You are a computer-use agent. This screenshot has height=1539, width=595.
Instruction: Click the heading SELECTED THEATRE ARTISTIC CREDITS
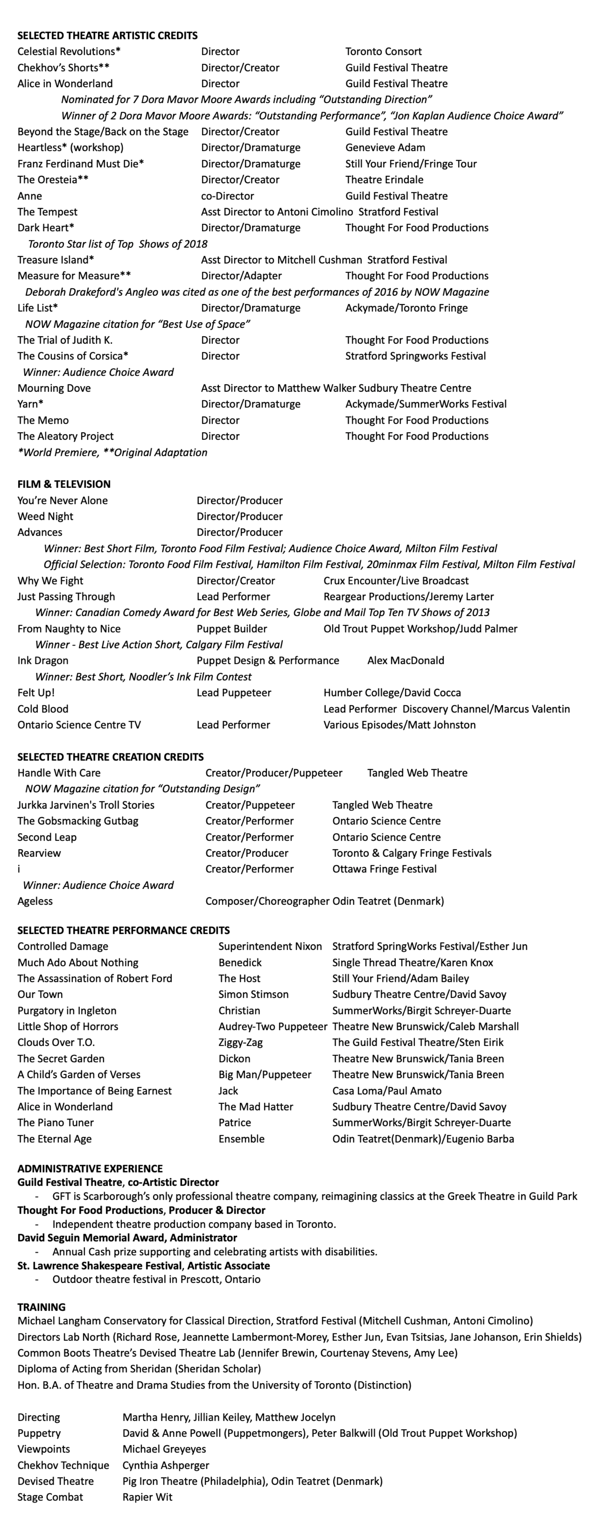pos(107,35)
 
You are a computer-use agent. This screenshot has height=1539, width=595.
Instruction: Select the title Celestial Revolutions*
pos(69,51)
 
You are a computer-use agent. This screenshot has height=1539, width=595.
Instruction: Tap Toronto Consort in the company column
pos(383,51)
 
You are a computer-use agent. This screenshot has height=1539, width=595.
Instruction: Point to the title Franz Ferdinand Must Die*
pos(81,164)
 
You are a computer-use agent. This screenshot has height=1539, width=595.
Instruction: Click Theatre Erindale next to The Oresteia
pos(384,180)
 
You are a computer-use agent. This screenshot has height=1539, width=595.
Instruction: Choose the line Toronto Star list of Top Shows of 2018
pos(118,244)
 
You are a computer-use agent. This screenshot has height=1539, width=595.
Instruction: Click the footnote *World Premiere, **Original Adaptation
pos(112,452)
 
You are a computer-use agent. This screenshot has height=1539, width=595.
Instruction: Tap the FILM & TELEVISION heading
pos(64,484)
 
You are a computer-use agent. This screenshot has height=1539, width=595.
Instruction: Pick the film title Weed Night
pos(46,516)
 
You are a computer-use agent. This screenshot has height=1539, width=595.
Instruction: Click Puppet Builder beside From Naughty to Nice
pos(232,628)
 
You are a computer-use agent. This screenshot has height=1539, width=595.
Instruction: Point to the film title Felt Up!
pos(36,692)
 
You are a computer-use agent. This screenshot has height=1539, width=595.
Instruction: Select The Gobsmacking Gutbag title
pos(78,821)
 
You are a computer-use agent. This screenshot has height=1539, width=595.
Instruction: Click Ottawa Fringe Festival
pos(385,869)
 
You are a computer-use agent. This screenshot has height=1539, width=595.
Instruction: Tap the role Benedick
pos(240,963)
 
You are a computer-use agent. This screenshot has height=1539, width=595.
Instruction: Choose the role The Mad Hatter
pos(256,1107)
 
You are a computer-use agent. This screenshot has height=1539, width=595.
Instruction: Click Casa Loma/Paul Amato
pos(387,1090)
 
